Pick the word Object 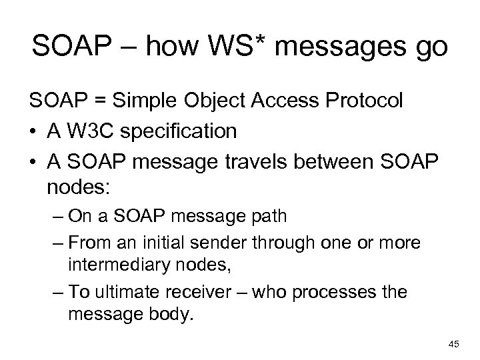click(211, 102)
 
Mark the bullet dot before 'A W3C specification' click(34, 132)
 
